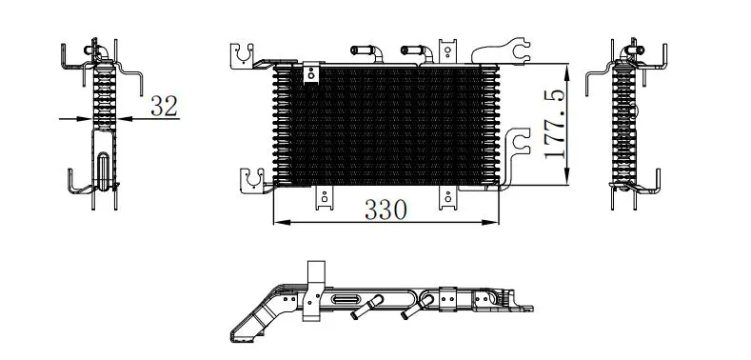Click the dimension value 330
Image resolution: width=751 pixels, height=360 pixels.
pyautogui.click(x=385, y=210)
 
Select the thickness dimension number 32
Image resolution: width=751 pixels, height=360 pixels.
pyautogui.click(x=164, y=106)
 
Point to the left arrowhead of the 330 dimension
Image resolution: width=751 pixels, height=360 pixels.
pyautogui.click(x=282, y=223)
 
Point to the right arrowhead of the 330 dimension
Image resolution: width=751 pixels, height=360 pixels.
pyautogui.click(x=490, y=223)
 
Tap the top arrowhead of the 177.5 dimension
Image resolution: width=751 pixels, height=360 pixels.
pyautogui.click(x=567, y=72)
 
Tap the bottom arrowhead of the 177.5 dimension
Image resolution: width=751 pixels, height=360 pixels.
pyautogui.click(x=567, y=175)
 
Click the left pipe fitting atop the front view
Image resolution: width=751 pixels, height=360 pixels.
pyautogui.click(x=366, y=51)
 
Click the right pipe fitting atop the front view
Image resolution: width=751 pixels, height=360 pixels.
pyautogui.click(x=417, y=51)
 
